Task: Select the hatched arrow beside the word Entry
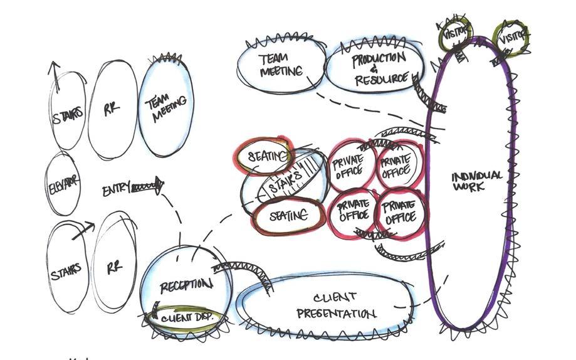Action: (x=147, y=186)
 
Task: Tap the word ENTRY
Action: (x=116, y=188)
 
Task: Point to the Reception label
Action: (x=186, y=286)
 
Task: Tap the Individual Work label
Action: (x=476, y=181)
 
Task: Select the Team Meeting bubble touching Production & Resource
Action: (x=281, y=65)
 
